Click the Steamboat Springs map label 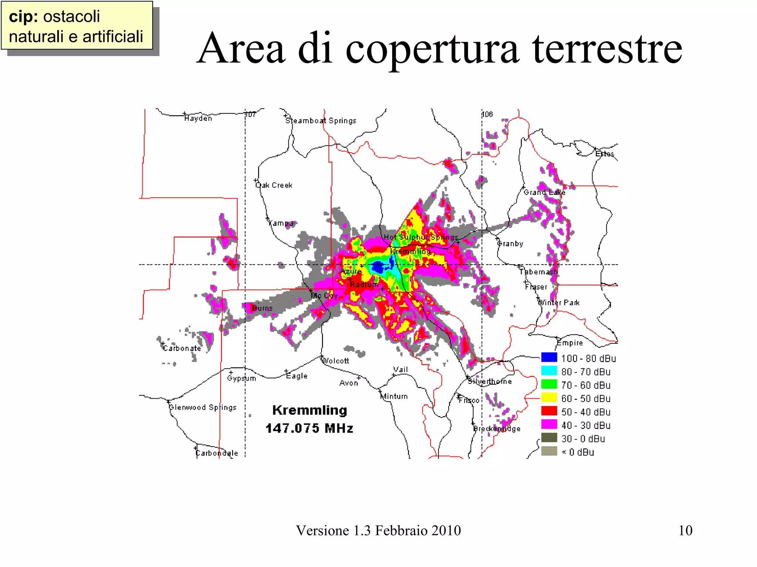(321, 121)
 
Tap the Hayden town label (198, 118)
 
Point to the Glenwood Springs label (203, 407)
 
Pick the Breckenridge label (497, 429)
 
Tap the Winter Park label (559, 303)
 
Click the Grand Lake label (544, 192)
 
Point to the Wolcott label (336, 361)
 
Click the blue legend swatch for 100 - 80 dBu (549, 357)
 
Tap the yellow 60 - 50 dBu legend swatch (549, 398)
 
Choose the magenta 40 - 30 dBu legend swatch (549, 425)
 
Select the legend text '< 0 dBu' (578, 452)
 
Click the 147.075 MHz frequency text (309, 428)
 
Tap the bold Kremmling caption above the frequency (310, 410)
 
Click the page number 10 (685, 530)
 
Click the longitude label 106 (488, 114)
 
